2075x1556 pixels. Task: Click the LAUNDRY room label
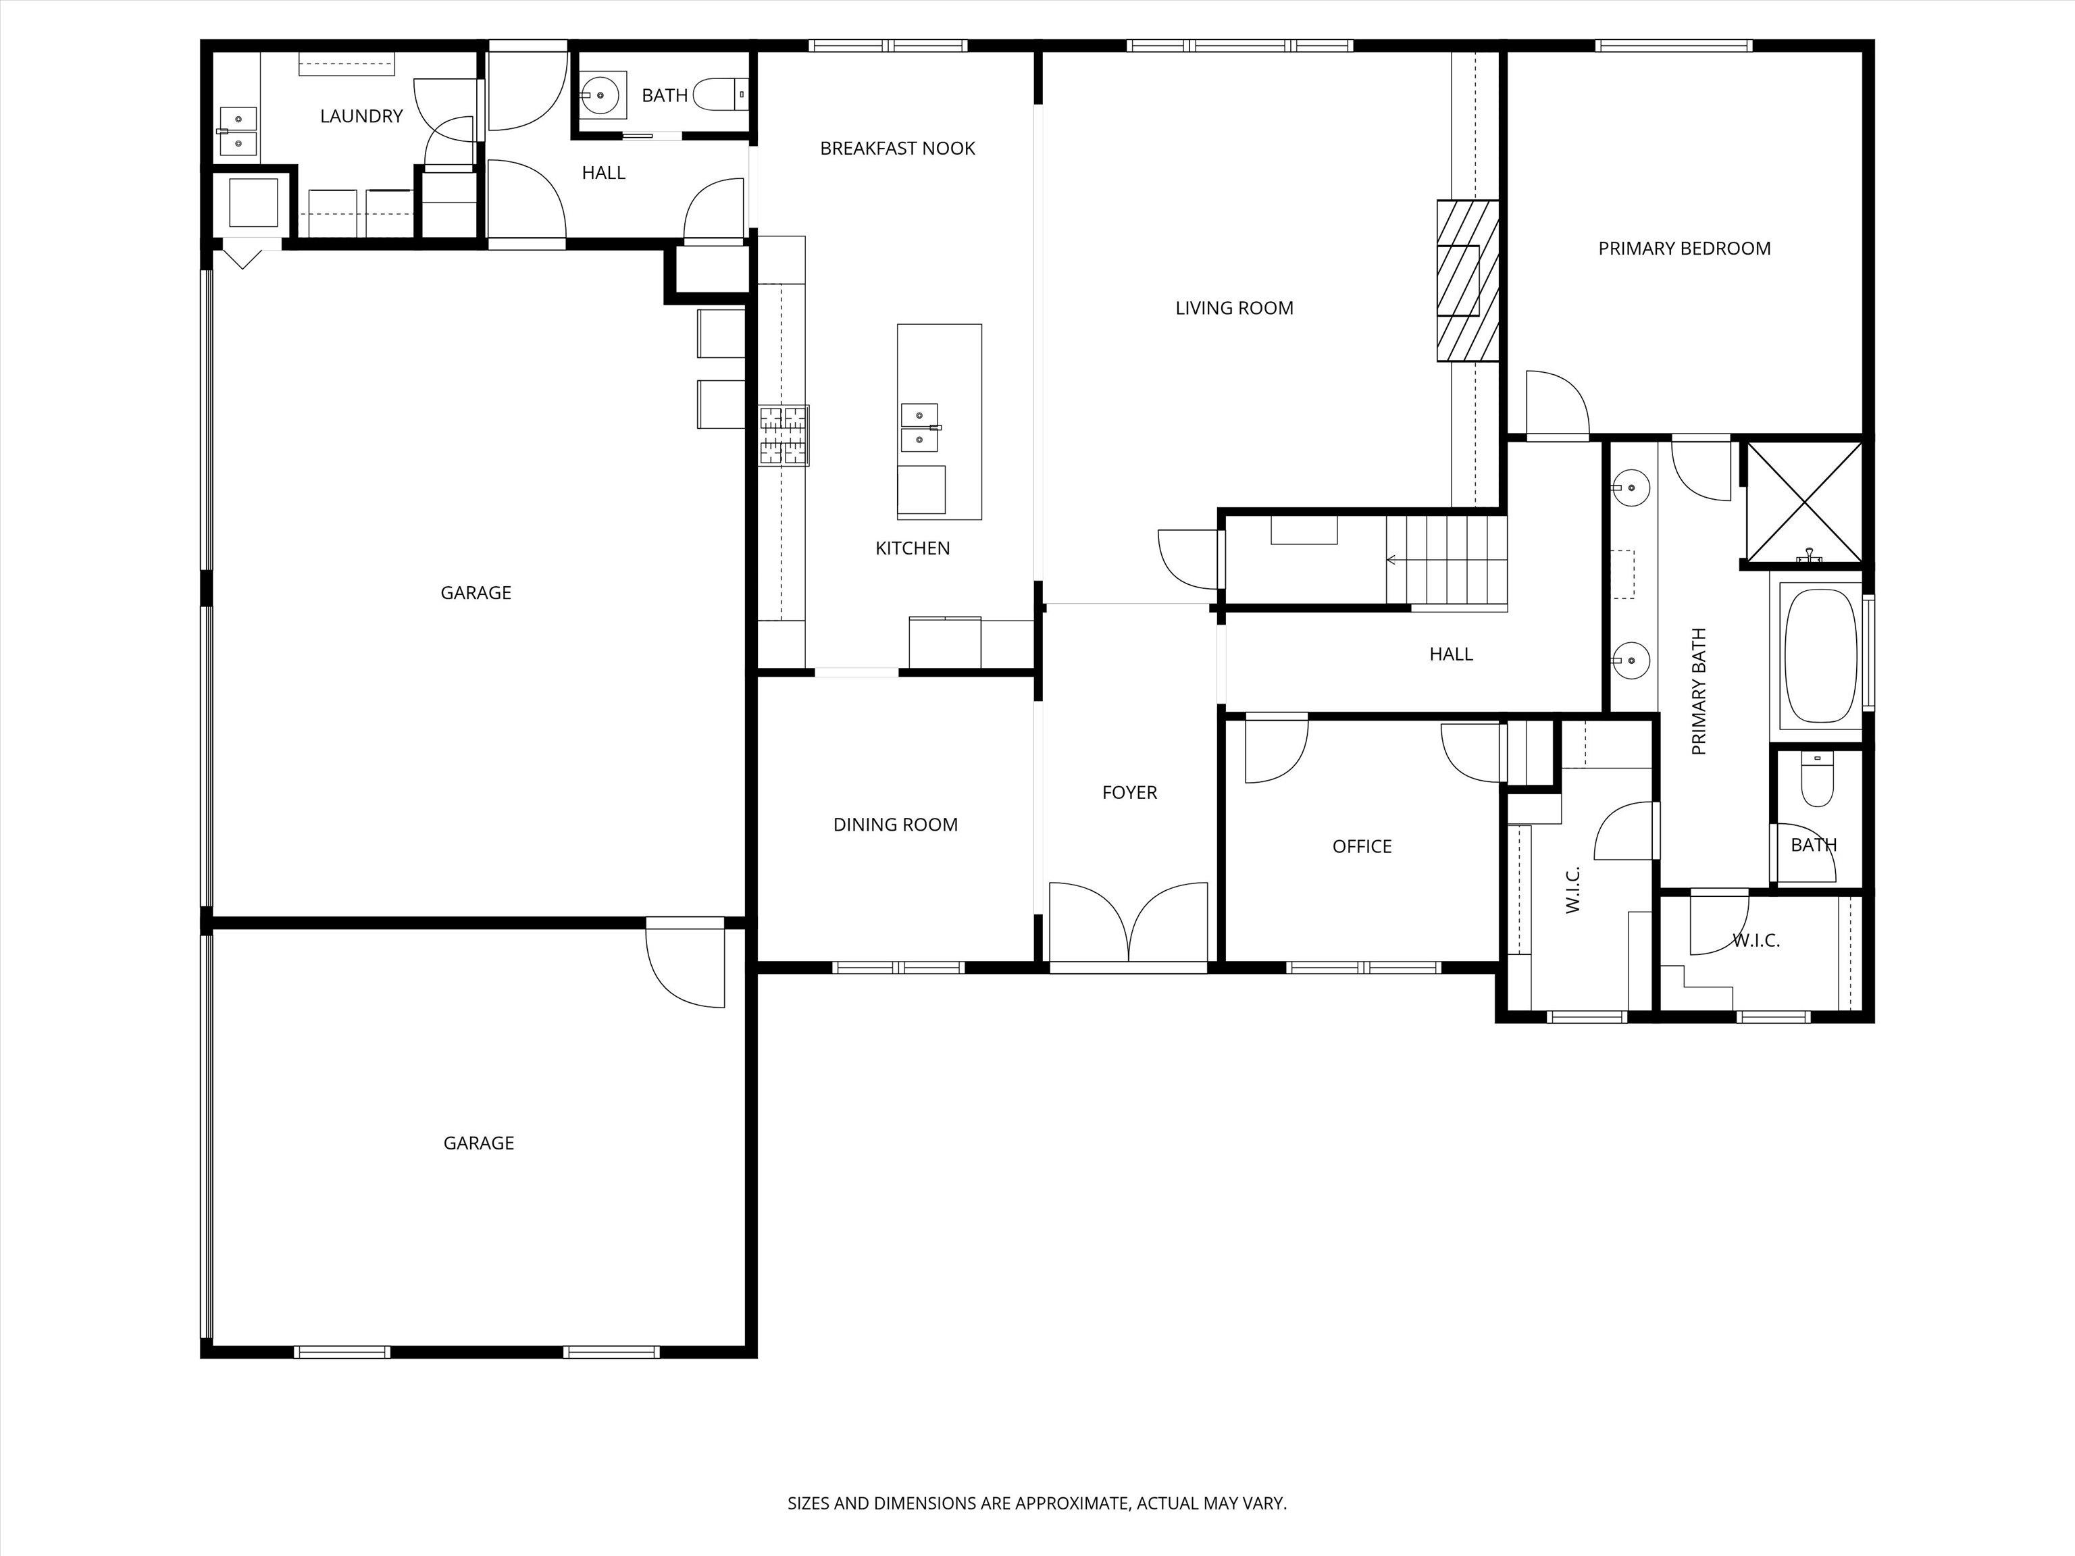click(x=361, y=116)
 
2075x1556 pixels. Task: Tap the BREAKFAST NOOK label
click(x=898, y=148)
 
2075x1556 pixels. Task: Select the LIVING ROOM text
click(x=1235, y=308)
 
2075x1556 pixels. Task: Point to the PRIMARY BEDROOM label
click(x=1685, y=249)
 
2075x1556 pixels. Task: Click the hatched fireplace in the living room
click(x=1467, y=280)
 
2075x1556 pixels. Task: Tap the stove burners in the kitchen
click(x=784, y=435)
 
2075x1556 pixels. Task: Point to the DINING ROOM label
click(x=896, y=825)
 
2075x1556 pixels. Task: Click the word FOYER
click(x=1129, y=793)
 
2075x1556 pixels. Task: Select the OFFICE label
click(x=1362, y=847)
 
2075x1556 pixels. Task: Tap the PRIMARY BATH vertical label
click(x=1699, y=692)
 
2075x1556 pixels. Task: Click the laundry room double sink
click(x=238, y=131)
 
